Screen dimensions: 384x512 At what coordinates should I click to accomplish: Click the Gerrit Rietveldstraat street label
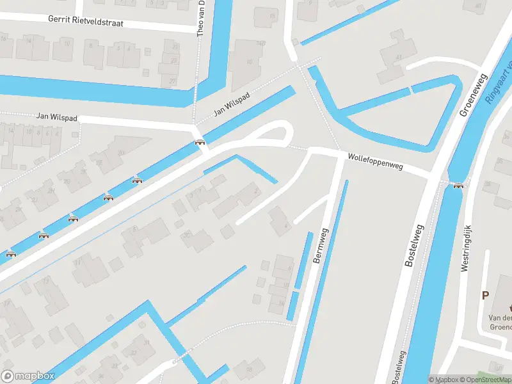[x=85, y=20]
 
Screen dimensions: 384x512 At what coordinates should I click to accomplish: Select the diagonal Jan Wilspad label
[x=231, y=102]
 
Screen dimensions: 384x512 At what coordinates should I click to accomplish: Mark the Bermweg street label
[x=319, y=247]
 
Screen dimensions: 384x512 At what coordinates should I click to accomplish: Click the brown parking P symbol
[x=484, y=296]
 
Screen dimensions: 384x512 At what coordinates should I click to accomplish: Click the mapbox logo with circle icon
[x=28, y=376]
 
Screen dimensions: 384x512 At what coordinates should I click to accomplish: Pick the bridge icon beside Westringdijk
[x=458, y=186]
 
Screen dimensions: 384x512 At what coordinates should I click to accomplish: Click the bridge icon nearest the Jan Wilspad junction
[x=200, y=142]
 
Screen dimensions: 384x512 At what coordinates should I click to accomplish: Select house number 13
[x=45, y=281]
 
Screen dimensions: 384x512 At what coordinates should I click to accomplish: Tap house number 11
[x=77, y=262]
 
